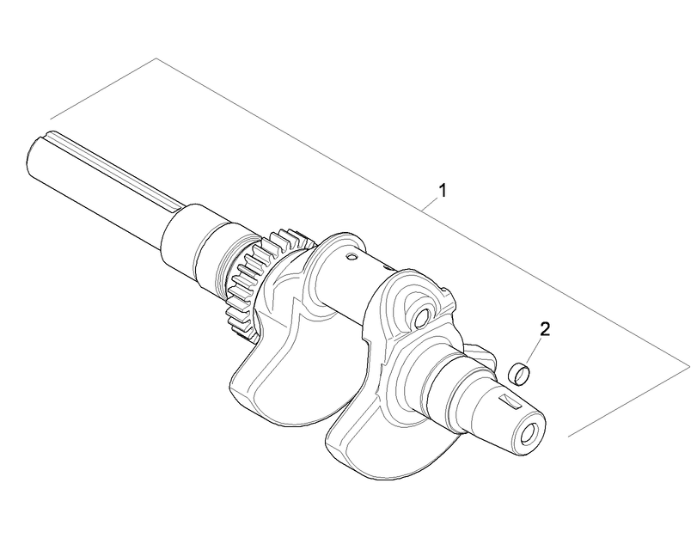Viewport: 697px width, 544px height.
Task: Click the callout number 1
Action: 443,190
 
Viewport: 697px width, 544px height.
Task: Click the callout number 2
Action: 545,328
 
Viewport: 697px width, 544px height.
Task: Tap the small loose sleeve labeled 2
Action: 520,373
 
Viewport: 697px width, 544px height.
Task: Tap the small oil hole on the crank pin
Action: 351,256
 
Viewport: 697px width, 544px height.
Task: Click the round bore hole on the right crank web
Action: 420,318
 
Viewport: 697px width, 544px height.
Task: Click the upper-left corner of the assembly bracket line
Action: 156,58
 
